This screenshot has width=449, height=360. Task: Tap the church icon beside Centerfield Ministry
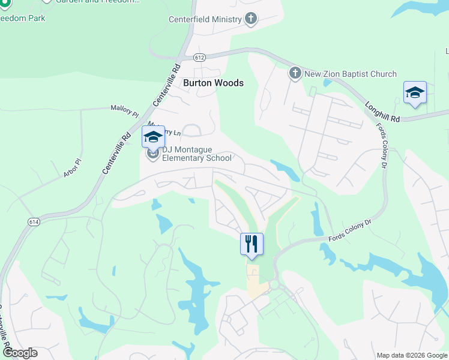[250, 19]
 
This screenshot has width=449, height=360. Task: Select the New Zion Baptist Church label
[351, 74]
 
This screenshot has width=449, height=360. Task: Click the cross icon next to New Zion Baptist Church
[295, 74]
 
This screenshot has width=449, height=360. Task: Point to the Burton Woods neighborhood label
[213, 83]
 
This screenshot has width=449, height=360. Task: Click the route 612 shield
[200, 58]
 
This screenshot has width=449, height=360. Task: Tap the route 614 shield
[32, 221]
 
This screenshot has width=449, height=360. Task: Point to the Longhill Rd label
[382, 112]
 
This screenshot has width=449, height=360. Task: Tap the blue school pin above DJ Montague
[153, 136]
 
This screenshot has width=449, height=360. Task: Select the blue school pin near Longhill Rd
[415, 93]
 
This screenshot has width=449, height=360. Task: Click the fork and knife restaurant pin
[252, 244]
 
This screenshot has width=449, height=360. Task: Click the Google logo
[20, 353]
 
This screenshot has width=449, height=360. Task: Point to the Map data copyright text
[412, 355]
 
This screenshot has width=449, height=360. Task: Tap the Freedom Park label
[23, 18]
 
